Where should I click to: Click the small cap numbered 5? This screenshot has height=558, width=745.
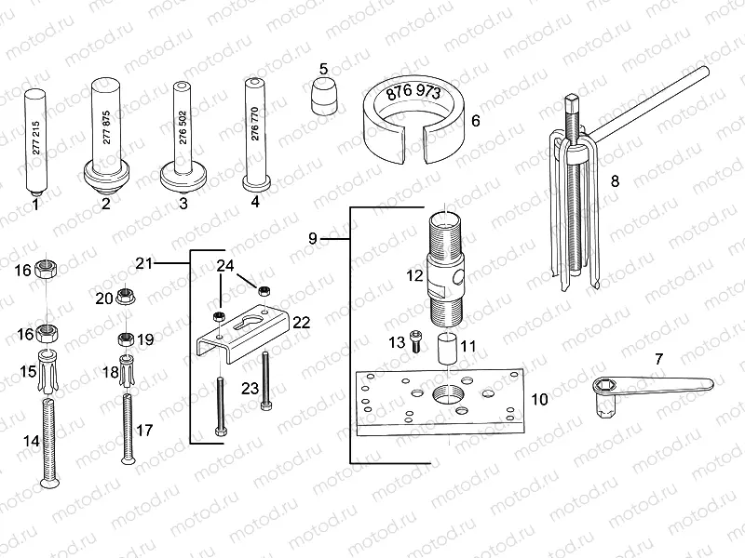[323, 95]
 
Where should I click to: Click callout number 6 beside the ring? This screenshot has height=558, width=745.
[476, 120]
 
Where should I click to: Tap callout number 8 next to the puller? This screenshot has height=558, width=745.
[614, 182]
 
